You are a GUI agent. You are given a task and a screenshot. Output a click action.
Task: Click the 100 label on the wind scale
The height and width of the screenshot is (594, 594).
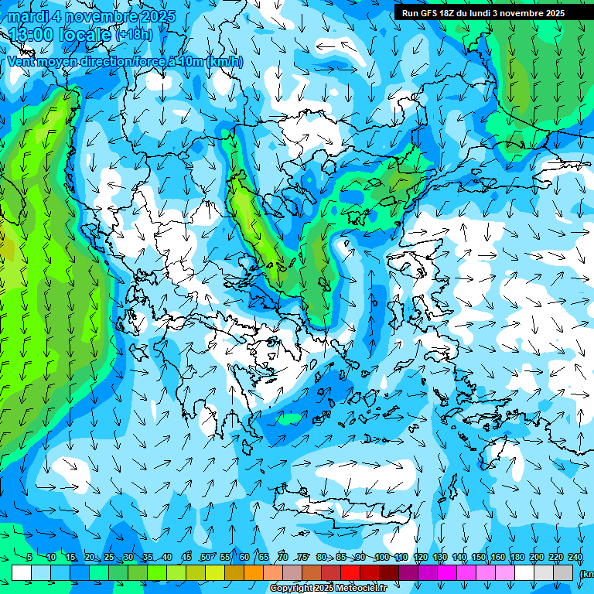click(382, 557)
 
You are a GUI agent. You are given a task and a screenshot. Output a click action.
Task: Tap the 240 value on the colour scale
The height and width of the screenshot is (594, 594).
click(575, 557)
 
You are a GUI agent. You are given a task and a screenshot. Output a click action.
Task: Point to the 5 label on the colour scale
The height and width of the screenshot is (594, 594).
click(29, 557)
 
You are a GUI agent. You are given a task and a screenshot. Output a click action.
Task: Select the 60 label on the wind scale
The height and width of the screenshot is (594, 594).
click(244, 557)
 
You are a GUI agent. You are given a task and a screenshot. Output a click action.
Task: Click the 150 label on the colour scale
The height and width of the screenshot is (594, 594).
click(479, 557)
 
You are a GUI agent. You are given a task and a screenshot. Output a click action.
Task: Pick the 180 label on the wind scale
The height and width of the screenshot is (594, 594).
click(516, 557)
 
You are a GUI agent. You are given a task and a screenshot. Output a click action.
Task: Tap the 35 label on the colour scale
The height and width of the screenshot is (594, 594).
click(148, 557)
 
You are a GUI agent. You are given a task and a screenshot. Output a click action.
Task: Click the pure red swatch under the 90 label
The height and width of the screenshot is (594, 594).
click(350, 572)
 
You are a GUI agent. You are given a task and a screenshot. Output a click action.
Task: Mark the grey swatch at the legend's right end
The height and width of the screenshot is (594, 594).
click(563, 572)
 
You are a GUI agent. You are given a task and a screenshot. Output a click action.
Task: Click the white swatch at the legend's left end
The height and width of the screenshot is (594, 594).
click(22, 572)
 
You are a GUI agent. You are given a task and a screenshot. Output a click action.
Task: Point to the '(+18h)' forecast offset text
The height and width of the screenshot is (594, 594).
click(134, 35)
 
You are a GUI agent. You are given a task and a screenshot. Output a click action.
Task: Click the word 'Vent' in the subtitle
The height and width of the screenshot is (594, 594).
click(22, 61)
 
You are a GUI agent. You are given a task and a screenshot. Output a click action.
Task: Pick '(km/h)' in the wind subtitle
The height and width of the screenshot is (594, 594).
click(224, 61)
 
